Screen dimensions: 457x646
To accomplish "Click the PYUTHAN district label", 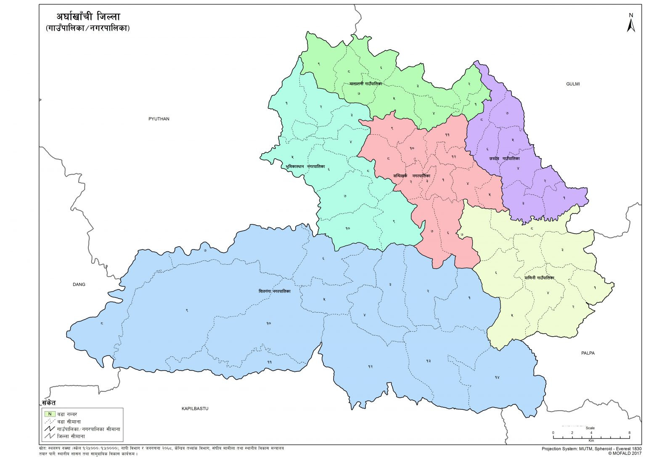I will point(159,119).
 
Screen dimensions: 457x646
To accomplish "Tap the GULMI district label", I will point(573,84).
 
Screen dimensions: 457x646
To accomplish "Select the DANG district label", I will point(79,285).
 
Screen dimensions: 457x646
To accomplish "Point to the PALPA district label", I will point(588,353).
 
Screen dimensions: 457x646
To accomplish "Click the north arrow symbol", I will point(630,24).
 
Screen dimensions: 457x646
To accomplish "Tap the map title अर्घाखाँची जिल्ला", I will point(88,17).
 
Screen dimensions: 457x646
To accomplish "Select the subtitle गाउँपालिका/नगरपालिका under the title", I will point(87,29).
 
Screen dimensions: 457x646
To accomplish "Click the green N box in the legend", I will point(50,414).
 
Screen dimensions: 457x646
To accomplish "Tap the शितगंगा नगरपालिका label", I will point(274,291).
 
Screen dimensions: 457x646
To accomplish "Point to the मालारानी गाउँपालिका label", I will point(365,84).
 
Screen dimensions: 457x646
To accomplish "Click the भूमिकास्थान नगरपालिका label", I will point(305,167).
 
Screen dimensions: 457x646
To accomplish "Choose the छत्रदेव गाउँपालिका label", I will point(504,159).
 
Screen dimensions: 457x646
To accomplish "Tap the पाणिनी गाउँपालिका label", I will point(539,278).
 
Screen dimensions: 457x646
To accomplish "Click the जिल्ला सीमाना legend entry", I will point(71,436).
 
